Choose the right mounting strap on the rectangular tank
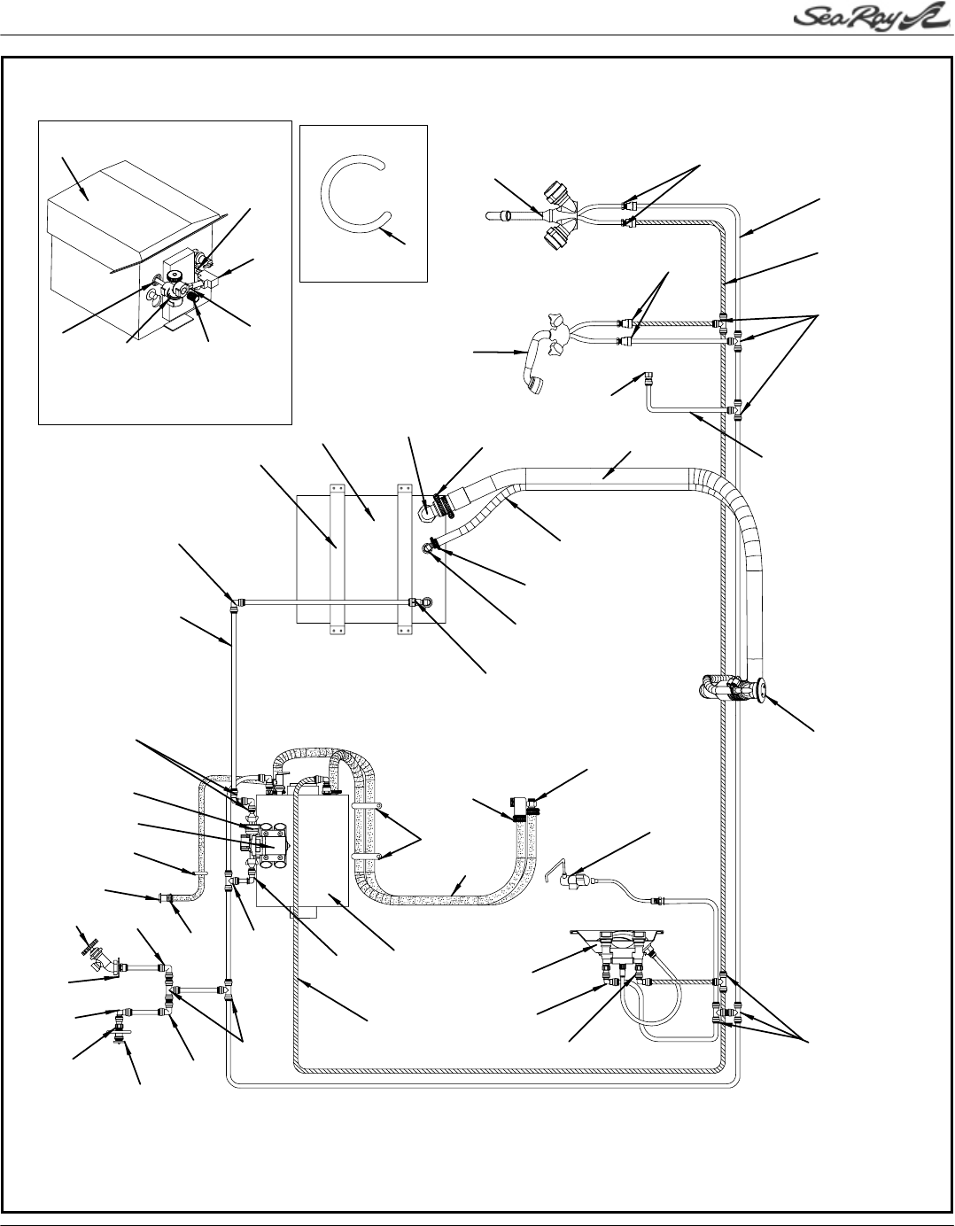tap(406, 558)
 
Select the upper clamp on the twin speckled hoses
tap(367, 808)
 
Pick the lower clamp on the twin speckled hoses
tap(367, 857)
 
